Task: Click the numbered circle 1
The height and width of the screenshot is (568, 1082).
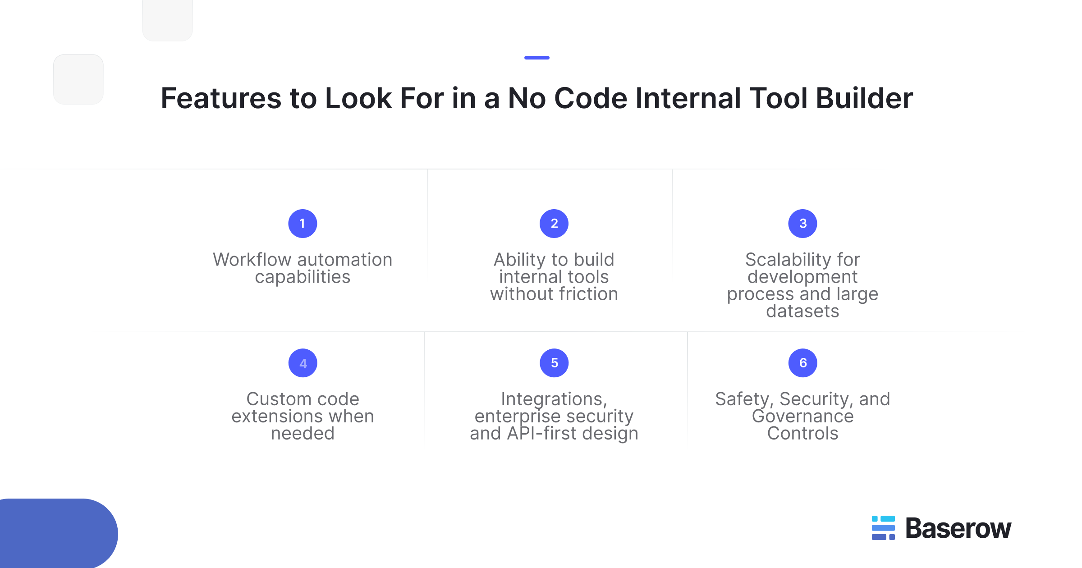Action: [303, 224]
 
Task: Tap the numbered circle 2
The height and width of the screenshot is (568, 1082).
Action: [554, 224]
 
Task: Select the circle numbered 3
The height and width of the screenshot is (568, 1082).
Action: [802, 224]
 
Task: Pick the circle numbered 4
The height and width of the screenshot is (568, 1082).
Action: [303, 363]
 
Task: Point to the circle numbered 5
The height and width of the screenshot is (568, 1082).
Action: [554, 363]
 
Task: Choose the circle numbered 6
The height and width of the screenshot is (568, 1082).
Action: [802, 363]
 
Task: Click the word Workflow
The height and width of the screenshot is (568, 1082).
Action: [252, 260]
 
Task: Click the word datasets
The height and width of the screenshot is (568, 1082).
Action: [802, 311]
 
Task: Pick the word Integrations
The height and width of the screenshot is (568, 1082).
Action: [553, 399]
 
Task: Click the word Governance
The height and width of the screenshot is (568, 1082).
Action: [802, 417]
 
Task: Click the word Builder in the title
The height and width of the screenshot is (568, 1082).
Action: [864, 98]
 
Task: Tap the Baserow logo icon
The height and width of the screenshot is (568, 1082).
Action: [883, 528]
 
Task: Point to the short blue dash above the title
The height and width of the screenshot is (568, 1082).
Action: [536, 58]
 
